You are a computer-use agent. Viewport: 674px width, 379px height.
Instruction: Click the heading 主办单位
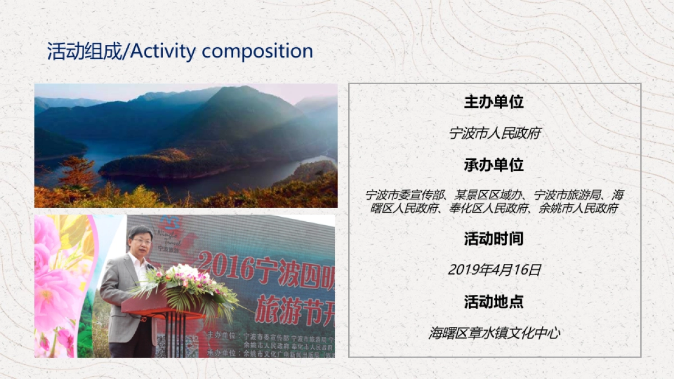494,102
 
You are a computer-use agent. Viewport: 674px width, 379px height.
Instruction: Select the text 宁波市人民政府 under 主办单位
494,134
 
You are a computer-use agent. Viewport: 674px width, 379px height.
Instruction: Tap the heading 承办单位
494,165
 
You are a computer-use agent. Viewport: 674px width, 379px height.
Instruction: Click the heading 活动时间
494,239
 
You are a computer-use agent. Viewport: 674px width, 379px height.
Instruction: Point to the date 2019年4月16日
494,270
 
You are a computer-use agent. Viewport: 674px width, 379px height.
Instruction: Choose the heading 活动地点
494,302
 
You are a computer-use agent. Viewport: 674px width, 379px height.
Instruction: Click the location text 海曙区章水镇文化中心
494,334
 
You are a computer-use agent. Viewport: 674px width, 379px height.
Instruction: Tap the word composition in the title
257,52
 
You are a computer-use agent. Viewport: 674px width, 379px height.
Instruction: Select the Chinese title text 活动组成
83,52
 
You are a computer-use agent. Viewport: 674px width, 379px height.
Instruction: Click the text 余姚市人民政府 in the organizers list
578,209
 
